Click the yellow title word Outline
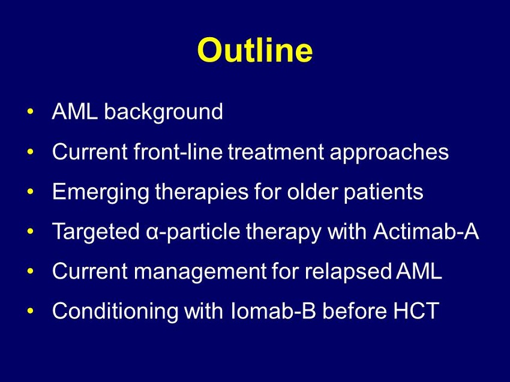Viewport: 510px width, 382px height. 254,50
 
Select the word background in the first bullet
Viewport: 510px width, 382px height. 163,113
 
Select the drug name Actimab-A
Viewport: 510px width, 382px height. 426,231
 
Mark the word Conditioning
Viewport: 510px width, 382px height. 115,312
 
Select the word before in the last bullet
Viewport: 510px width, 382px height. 355,311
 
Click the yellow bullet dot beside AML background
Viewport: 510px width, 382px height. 30,112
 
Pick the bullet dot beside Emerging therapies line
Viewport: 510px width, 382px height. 30,191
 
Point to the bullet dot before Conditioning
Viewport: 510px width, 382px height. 30,311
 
